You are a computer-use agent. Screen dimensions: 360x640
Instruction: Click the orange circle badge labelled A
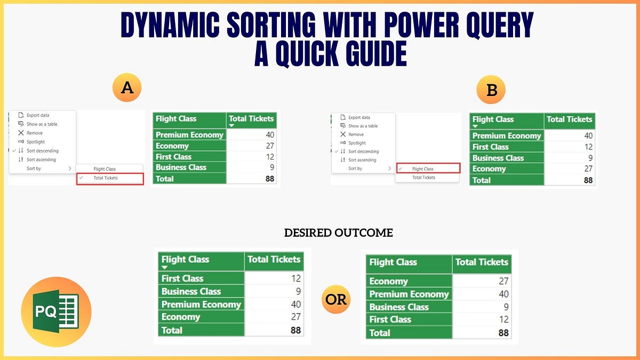point(127,87)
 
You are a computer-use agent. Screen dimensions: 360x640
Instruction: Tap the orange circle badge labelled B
point(492,90)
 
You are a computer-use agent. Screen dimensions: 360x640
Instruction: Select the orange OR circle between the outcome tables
point(336,299)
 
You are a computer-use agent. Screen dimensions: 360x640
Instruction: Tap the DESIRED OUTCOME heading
point(338,233)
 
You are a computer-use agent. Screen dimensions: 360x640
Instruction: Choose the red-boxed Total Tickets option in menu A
point(110,178)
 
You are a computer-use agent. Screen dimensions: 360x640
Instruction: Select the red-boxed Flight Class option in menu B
point(427,169)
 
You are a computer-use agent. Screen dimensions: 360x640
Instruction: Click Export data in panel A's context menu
point(38,115)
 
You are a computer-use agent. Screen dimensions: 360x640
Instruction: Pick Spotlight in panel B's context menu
point(357,143)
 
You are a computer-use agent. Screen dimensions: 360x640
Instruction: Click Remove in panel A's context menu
point(35,133)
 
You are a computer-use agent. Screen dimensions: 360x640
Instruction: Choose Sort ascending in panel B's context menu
point(362,160)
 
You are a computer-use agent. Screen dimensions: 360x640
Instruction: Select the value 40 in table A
point(269,135)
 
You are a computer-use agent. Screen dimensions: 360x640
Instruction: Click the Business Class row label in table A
point(181,167)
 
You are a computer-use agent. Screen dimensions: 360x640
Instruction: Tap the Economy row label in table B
point(489,169)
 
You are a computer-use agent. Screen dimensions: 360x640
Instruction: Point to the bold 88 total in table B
point(588,180)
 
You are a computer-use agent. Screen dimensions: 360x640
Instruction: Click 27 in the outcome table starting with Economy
point(503,281)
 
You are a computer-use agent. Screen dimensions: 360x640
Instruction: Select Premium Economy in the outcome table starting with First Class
point(201,305)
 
